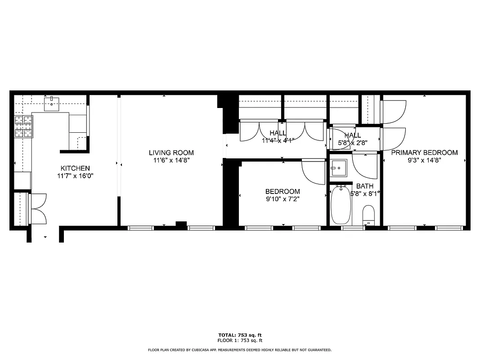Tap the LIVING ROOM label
tap(171, 153)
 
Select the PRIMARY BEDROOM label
tap(424, 153)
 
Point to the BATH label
tap(364, 186)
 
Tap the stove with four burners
tap(24, 126)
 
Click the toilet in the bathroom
tap(368, 216)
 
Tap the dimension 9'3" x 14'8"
tap(424, 160)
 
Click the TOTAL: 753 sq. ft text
tap(240, 335)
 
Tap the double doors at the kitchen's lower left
tap(37, 208)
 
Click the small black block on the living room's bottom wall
tap(181, 224)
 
